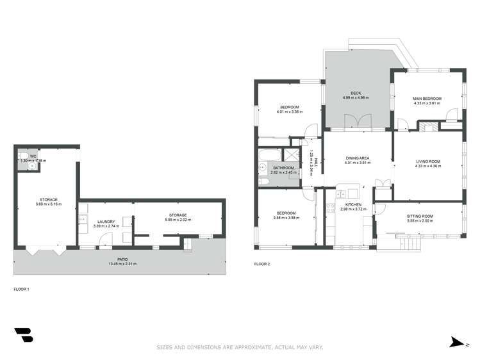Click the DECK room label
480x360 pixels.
tap(356, 93)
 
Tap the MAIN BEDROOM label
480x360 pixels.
tap(427, 98)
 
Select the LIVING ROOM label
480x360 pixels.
tap(427, 161)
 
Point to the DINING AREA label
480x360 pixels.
tap(358, 158)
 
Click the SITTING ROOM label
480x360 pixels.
tap(420, 217)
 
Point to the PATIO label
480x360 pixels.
tap(122, 259)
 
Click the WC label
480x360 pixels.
tap(32, 156)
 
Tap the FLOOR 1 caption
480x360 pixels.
tap(22, 290)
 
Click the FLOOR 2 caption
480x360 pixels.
tap(262, 264)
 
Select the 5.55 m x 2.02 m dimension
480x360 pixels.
tap(178, 220)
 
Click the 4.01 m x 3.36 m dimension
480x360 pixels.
tap(290, 111)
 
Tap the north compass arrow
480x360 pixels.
tap(456, 343)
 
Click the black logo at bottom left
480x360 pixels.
tap(23, 336)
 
